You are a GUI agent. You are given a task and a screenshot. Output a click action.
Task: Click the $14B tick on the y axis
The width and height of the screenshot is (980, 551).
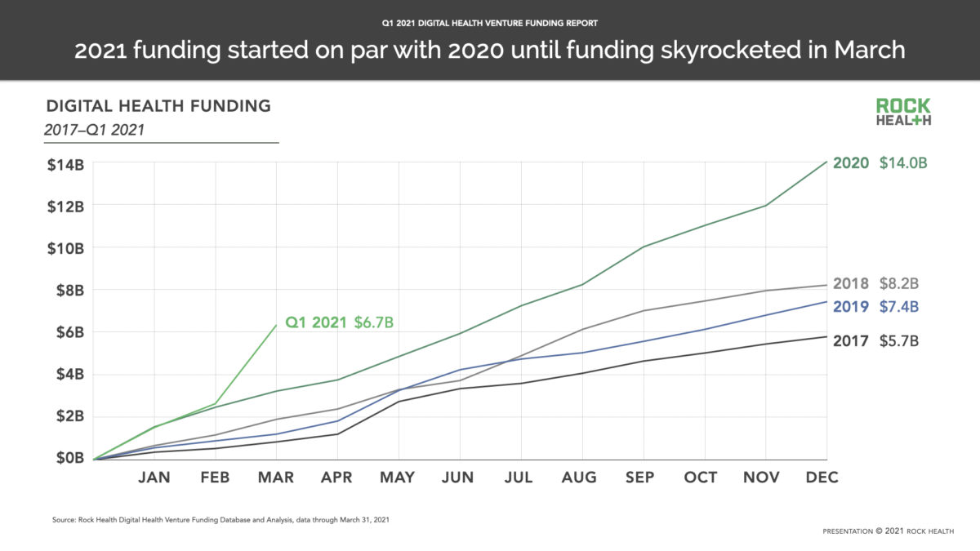click(65, 164)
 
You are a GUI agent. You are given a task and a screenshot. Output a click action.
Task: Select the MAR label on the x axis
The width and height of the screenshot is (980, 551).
click(277, 478)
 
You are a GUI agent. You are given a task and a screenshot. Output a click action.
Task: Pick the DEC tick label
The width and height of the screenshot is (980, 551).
click(822, 478)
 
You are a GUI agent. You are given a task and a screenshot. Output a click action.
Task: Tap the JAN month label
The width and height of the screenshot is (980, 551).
click(154, 478)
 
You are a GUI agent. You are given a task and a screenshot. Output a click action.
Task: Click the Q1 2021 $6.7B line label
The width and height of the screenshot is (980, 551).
click(339, 322)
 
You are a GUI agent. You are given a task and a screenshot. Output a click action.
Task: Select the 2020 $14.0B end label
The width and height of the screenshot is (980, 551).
click(880, 163)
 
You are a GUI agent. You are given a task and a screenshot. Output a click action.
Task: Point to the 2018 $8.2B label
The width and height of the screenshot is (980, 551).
click(875, 284)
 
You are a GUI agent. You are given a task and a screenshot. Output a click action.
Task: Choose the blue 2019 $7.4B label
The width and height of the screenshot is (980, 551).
click(875, 307)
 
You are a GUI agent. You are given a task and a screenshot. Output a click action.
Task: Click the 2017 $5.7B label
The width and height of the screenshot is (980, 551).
click(875, 341)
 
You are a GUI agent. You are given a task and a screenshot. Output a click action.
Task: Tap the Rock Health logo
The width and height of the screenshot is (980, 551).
click(903, 112)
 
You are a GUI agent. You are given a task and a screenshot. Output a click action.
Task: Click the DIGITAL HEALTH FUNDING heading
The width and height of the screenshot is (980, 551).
click(158, 106)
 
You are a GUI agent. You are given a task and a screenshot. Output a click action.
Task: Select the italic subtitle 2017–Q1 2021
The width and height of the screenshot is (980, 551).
click(96, 128)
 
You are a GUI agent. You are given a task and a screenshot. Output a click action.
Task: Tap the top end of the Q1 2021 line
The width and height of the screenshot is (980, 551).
click(276, 325)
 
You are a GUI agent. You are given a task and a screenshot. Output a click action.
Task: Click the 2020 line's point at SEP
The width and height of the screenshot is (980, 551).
click(643, 247)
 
